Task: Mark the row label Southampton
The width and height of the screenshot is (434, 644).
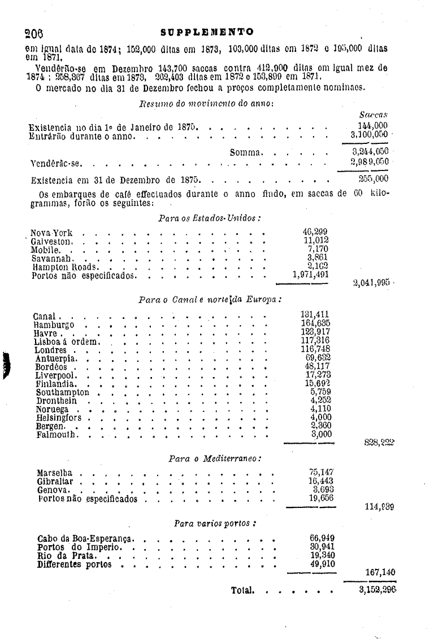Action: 62,392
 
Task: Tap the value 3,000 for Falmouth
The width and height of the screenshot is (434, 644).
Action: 321,434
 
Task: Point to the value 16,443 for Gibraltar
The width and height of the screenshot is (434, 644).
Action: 320,481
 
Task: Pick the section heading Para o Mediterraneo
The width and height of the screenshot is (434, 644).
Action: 215,459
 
